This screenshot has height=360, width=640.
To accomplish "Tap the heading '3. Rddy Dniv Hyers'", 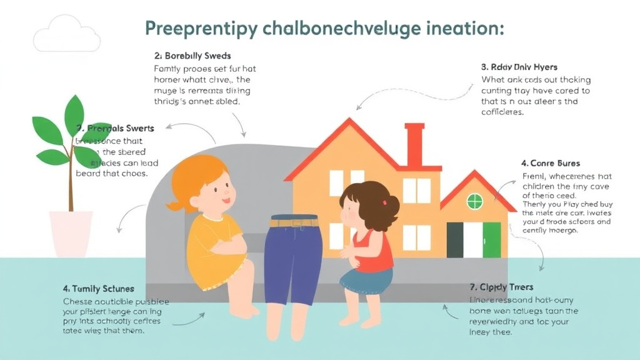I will (519, 67).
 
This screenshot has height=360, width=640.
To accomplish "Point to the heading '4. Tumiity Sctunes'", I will (98, 289).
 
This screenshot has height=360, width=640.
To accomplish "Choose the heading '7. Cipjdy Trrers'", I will (501, 287).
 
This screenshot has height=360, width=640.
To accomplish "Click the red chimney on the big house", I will (414, 144).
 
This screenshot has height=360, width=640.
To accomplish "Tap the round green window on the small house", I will (475, 201).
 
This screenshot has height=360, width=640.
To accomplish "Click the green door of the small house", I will (492, 239).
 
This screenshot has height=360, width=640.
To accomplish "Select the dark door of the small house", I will (455, 239).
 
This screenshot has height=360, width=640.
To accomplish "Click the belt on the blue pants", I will (294, 222).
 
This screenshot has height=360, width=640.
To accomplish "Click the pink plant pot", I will (71, 232).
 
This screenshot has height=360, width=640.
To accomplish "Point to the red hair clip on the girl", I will (396, 201).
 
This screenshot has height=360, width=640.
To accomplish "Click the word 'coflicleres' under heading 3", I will (502, 112).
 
